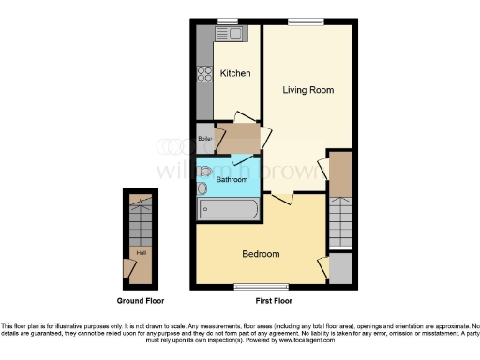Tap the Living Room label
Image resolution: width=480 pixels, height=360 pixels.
[x=308, y=90]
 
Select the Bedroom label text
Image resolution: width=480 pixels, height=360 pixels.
[x=261, y=254]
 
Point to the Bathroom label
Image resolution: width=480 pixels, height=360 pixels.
[x=232, y=179]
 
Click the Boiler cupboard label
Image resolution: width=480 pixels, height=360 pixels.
[x=205, y=140]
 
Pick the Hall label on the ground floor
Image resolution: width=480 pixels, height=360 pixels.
[x=142, y=252]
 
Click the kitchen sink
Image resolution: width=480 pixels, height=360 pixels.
[x=228, y=35]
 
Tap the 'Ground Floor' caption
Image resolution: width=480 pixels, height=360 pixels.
[x=142, y=301]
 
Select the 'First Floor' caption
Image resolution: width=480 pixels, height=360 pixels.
[x=274, y=301]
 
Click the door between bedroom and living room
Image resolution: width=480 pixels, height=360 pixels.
[x=282, y=199]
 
